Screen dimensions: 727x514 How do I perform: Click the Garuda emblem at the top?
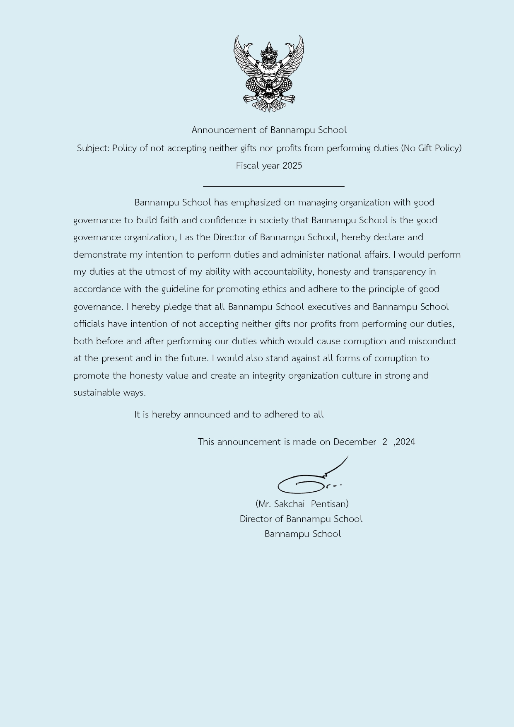click(269, 74)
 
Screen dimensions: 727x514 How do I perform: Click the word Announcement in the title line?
click(224, 130)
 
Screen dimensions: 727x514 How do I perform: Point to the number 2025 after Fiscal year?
click(292, 166)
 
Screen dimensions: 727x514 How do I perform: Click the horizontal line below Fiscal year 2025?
click(273, 186)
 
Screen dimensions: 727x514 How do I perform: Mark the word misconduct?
click(432, 341)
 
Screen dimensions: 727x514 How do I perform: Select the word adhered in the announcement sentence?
click(281, 415)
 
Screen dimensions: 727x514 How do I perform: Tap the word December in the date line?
click(355, 442)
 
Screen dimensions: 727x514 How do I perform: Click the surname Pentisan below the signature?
click(329, 504)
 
